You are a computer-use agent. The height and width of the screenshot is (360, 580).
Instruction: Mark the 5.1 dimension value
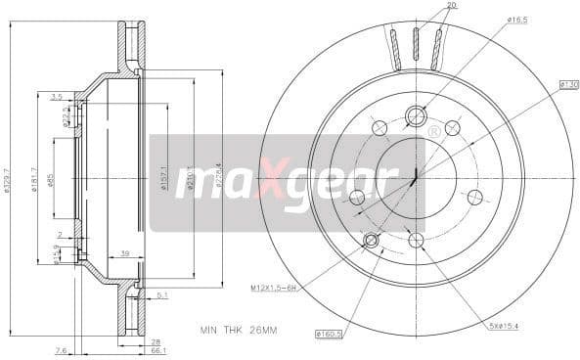coord(161,293)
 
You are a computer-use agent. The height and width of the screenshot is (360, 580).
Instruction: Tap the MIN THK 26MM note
coord(237,331)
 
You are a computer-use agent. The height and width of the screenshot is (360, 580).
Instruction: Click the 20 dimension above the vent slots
coord(424,6)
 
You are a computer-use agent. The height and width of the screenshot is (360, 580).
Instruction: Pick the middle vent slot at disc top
coord(415,44)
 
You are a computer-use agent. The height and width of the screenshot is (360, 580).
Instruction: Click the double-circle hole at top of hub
coord(415,114)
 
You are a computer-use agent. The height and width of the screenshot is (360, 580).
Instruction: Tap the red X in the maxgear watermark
coord(266,183)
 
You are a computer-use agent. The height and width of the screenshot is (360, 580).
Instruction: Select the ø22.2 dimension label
coord(64,118)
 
